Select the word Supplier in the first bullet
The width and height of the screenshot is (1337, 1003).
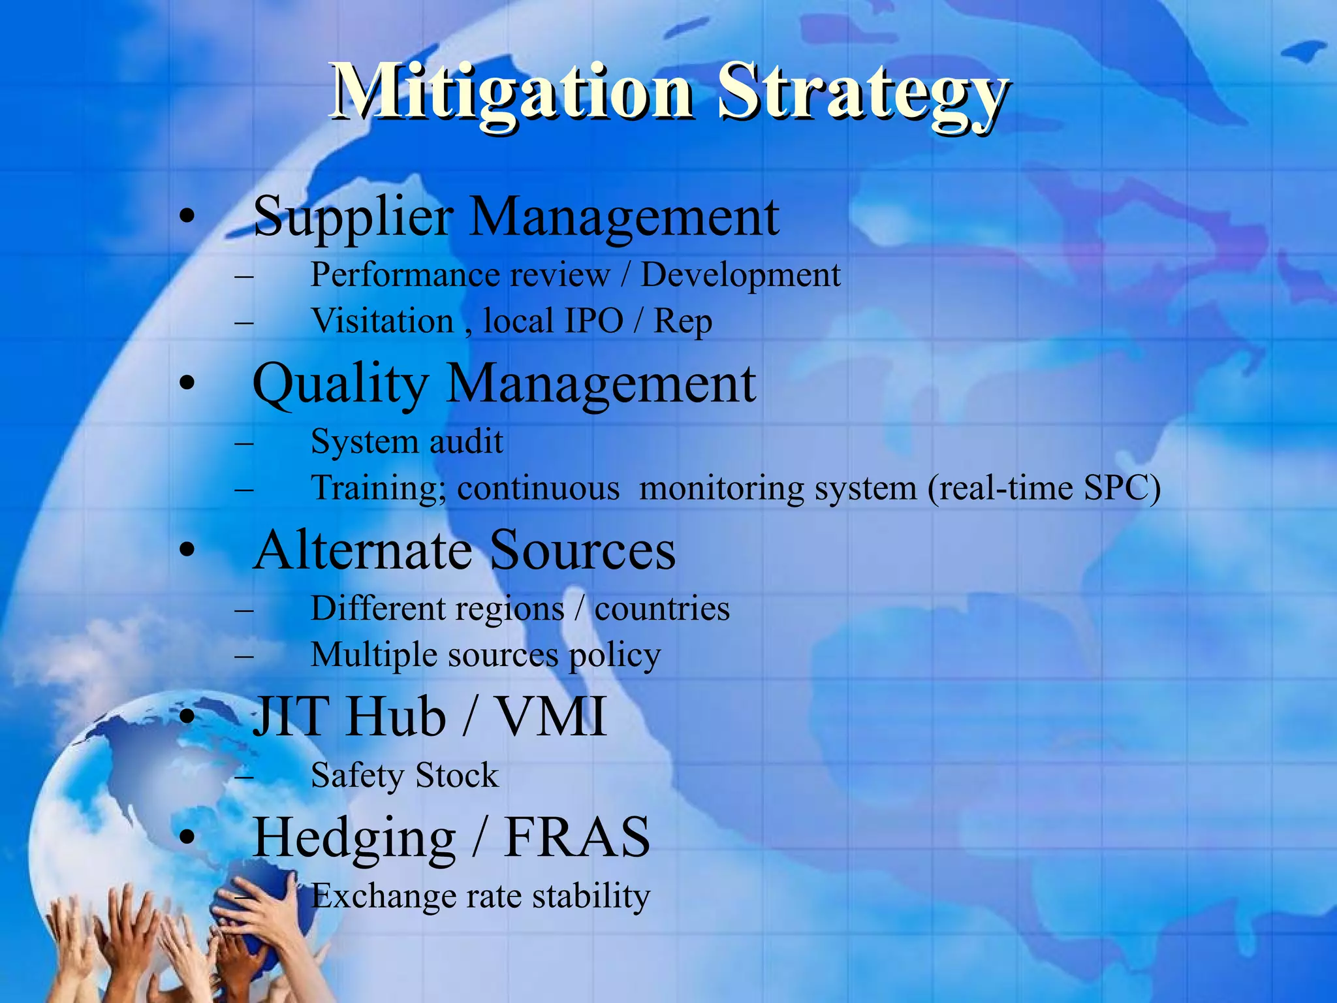(353, 217)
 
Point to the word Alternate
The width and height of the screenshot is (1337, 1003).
(363, 550)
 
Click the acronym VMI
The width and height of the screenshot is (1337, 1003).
(552, 716)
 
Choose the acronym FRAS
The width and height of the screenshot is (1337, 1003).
(577, 837)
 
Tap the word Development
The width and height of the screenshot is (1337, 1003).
(740, 275)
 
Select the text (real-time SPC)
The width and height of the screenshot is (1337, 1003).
(1044, 488)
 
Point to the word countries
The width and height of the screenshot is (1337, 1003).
(662, 609)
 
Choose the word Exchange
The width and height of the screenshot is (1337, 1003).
(383, 896)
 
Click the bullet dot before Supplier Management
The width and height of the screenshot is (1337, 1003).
(187, 217)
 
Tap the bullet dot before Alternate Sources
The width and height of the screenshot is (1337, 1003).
(187, 550)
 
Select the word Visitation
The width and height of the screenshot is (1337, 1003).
(382, 321)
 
